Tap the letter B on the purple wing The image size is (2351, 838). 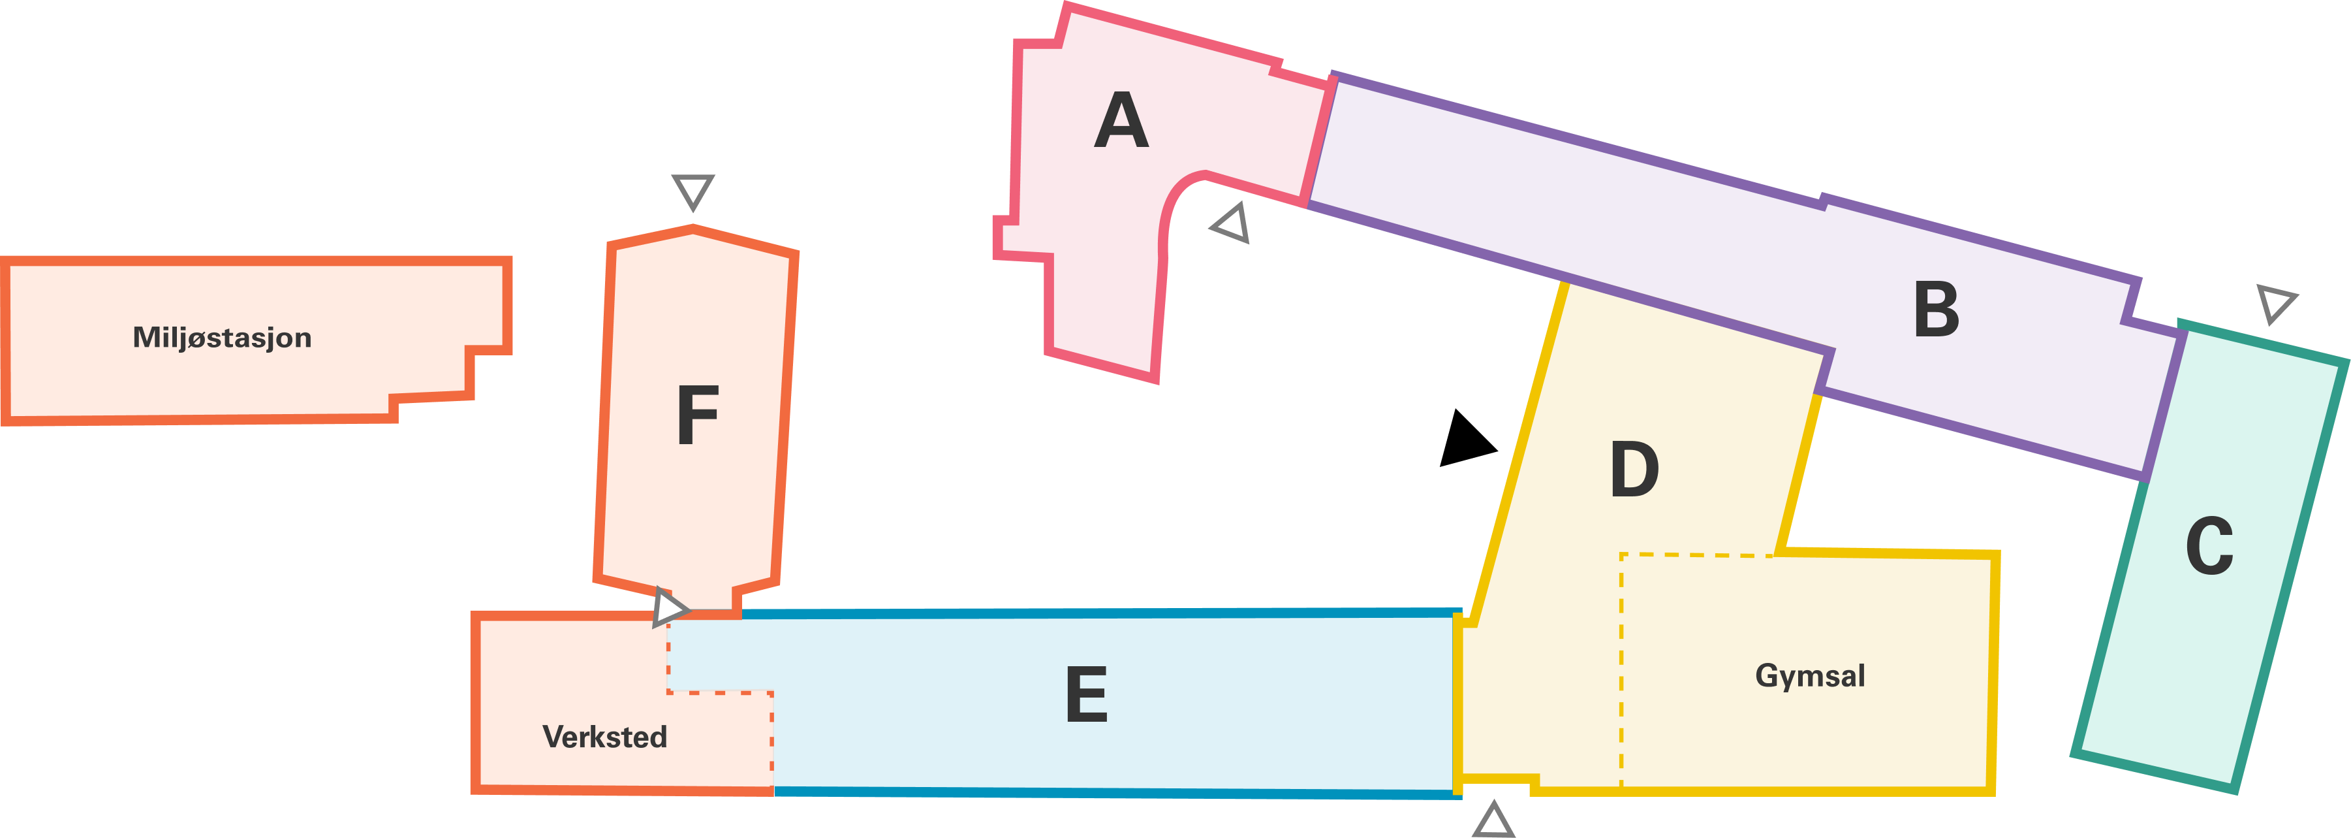tap(1936, 310)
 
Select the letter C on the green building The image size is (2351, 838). tap(2209, 546)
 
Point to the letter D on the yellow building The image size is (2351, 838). tap(1634, 469)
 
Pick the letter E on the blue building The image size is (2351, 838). tap(1086, 694)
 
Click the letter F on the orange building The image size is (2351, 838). tap(697, 415)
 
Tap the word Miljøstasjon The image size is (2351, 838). tap(222, 338)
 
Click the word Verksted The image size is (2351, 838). tap(604, 737)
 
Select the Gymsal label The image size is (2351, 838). tap(1810, 675)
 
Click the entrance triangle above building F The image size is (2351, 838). tap(693, 191)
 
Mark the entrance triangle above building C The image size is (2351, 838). tap(2276, 302)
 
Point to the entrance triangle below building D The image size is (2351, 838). tap(1493, 820)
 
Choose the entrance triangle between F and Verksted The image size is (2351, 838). tap(669, 607)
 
